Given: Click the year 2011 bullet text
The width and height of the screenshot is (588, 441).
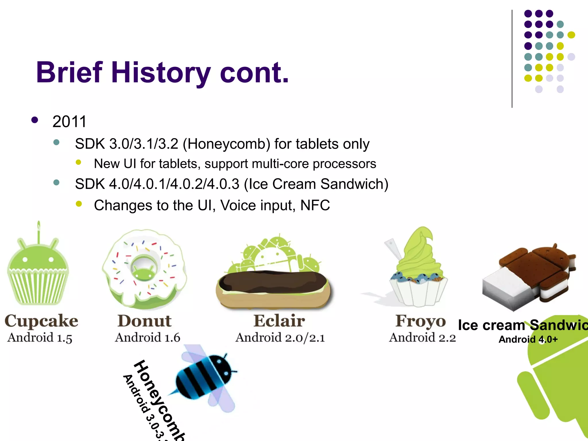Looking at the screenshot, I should coord(69,121).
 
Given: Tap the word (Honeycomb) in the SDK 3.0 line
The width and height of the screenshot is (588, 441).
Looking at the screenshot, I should coord(227,144).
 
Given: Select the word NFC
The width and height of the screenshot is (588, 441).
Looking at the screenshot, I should coord(315,205).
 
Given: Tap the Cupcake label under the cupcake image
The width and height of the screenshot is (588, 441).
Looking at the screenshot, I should coord(41,321).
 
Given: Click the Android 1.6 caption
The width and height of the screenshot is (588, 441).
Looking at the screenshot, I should coord(148,338).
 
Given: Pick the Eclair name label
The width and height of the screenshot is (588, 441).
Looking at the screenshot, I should coord(279,321).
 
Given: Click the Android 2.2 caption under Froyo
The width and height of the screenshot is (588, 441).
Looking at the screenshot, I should coord(422,338).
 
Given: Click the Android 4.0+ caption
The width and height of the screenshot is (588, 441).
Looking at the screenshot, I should coord(528,340).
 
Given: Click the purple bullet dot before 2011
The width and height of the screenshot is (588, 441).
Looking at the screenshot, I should coord(35,120).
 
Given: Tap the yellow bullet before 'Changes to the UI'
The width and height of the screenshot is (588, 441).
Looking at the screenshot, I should coord(79,204).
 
